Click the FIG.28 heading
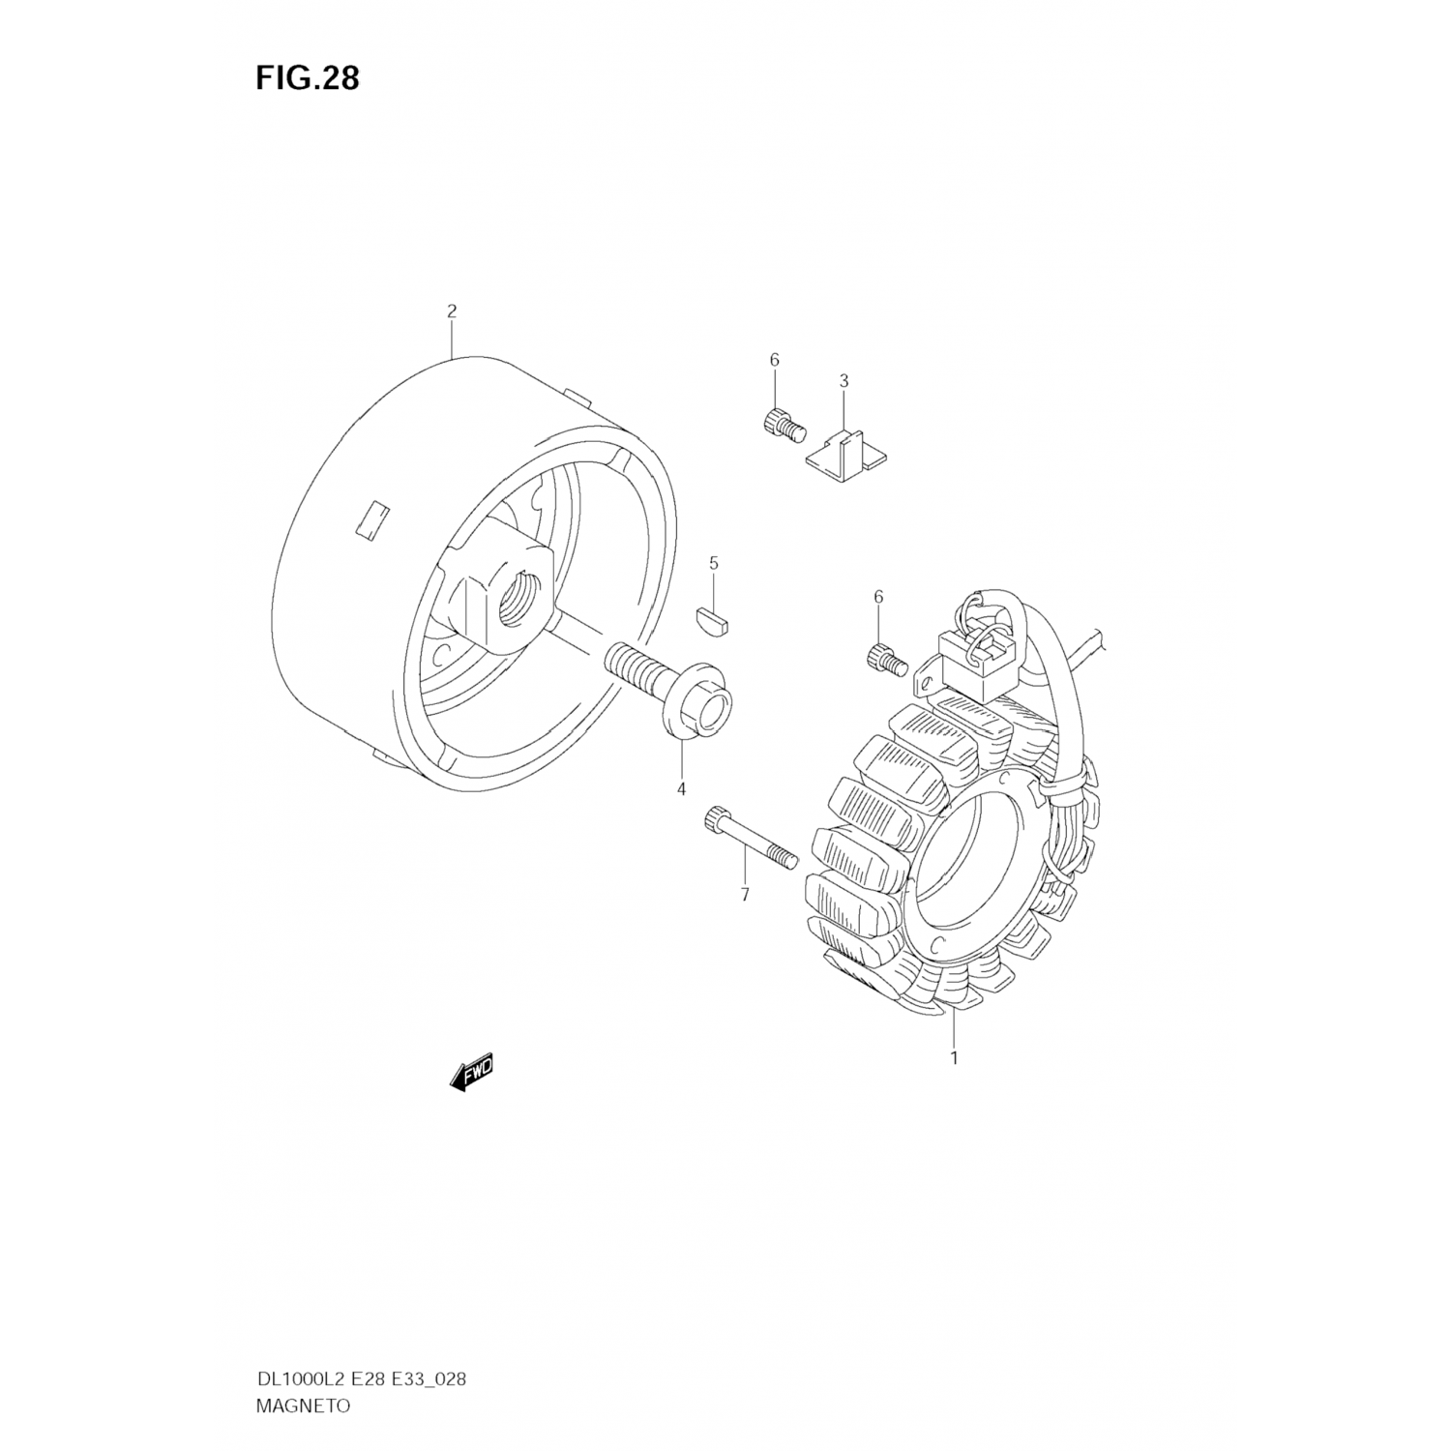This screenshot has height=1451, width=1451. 307,78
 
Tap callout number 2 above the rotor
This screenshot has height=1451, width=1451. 452,311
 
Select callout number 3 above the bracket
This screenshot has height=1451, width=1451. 844,381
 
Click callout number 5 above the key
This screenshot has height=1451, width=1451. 714,563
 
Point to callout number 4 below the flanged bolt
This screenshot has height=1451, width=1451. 681,789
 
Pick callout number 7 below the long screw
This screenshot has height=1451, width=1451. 745,895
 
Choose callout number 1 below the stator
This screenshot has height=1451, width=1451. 954,1057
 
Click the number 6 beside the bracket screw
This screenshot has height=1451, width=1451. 774,360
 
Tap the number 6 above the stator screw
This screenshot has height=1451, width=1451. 878,597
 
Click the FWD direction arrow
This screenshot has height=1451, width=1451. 473,1072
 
